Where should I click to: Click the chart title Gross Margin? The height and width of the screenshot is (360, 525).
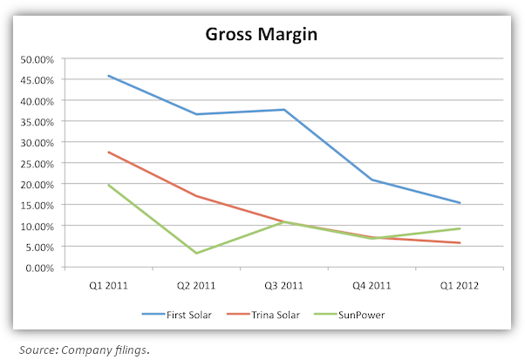[262, 35]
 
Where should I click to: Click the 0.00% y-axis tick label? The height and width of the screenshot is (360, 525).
[39, 268]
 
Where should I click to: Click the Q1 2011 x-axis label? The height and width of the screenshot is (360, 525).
[108, 284]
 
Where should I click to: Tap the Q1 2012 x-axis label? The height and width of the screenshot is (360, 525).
[458, 284]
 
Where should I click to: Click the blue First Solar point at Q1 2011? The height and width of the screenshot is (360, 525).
[108, 76]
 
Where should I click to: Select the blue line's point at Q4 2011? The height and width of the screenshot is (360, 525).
[371, 180]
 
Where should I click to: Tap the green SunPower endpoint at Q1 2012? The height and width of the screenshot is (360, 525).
[458, 228]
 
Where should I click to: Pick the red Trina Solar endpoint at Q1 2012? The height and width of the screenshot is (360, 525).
[458, 243]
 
